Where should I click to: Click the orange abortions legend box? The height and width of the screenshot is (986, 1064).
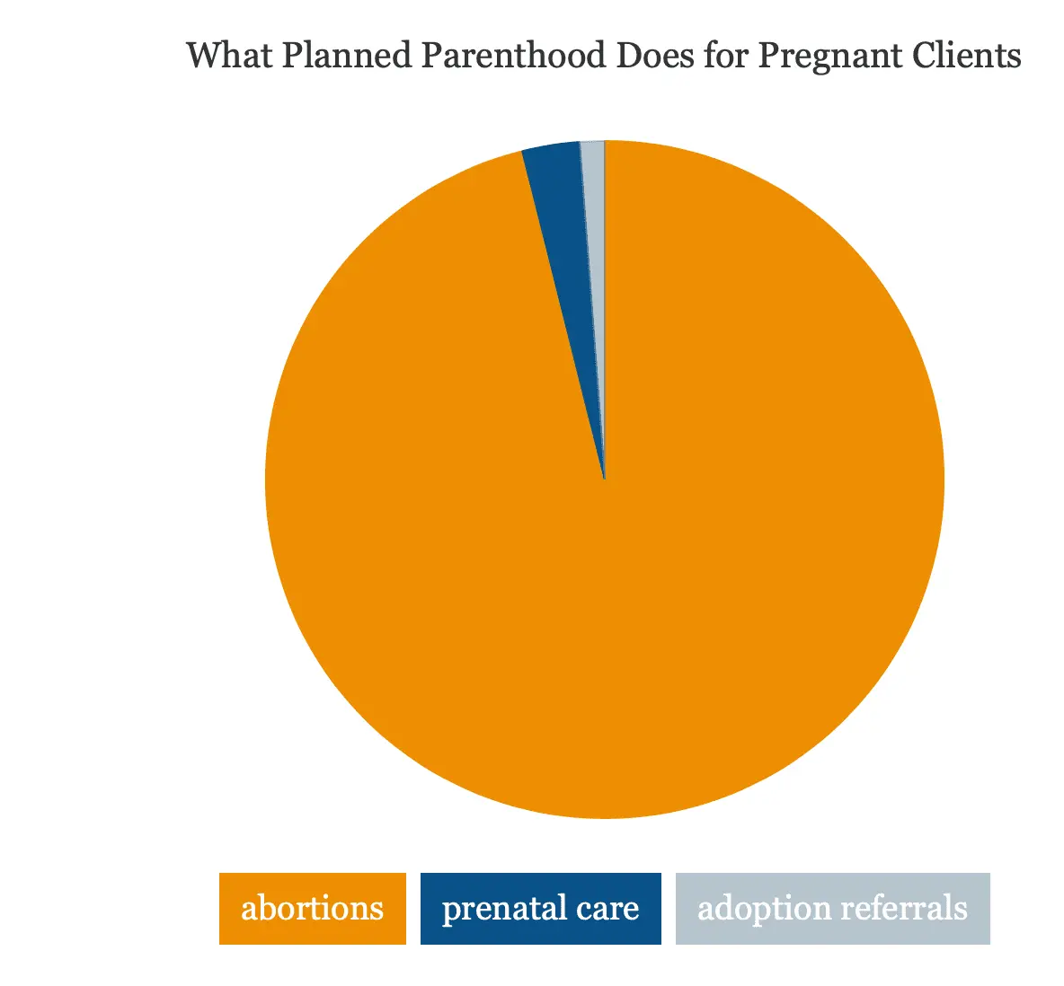point(312,909)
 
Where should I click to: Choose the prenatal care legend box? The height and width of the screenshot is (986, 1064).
point(541,909)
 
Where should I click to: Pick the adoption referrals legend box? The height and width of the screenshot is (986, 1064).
point(833,909)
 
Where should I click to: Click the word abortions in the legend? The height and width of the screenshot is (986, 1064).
point(312,908)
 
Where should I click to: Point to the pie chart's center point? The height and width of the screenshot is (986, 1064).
point(605,480)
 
